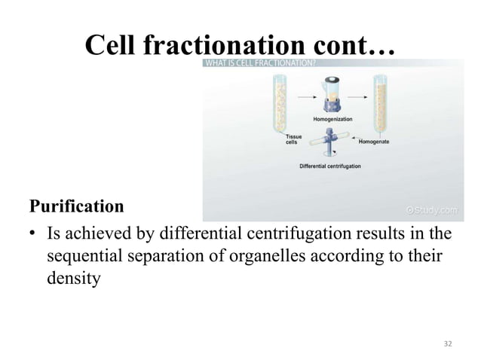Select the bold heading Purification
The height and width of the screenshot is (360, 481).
[76, 206]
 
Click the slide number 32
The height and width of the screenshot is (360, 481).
[448, 343]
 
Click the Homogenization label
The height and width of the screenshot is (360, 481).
[331, 121]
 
